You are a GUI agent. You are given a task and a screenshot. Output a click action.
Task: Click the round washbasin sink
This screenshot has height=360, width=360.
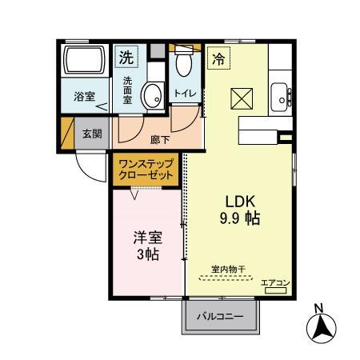click(151, 96)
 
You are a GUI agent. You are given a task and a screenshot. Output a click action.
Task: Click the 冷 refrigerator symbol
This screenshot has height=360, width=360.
click(218, 58)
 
